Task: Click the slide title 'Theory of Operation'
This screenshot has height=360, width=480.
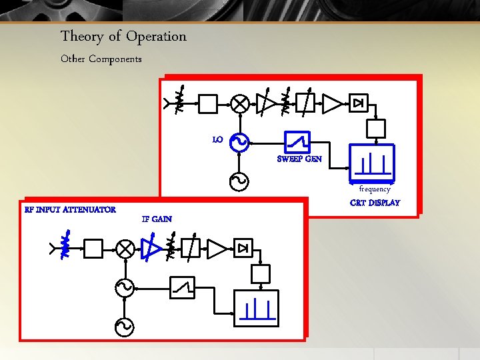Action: pyautogui.click(x=123, y=36)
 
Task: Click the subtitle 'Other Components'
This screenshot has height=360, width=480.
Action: pyautogui.click(x=101, y=59)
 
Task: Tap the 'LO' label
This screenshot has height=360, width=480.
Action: pyautogui.click(x=217, y=140)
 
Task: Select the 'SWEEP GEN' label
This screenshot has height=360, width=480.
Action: pyautogui.click(x=299, y=159)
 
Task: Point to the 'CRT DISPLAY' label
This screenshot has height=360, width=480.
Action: pyautogui.click(x=375, y=203)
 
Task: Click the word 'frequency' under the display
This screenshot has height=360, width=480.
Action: pyautogui.click(x=375, y=189)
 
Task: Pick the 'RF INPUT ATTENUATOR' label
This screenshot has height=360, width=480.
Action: pyautogui.click(x=70, y=210)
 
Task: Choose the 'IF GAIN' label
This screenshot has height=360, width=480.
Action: pyautogui.click(x=157, y=219)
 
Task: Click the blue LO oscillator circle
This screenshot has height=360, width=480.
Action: pyautogui.click(x=239, y=141)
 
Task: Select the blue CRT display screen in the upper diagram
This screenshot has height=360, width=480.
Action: pyautogui.click(x=372, y=163)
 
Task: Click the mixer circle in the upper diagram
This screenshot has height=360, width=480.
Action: pyautogui.click(x=240, y=103)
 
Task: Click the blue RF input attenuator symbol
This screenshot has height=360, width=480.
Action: pyautogui.click(x=65, y=245)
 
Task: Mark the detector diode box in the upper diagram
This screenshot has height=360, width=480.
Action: pyautogui.click(x=359, y=103)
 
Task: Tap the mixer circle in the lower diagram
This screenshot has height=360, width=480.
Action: pyautogui.click(x=125, y=249)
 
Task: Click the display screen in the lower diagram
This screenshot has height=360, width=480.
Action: pyautogui.click(x=257, y=308)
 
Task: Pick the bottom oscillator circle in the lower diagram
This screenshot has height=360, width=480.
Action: pyautogui.click(x=125, y=326)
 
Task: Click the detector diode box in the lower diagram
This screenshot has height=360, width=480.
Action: pyautogui.click(x=243, y=249)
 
